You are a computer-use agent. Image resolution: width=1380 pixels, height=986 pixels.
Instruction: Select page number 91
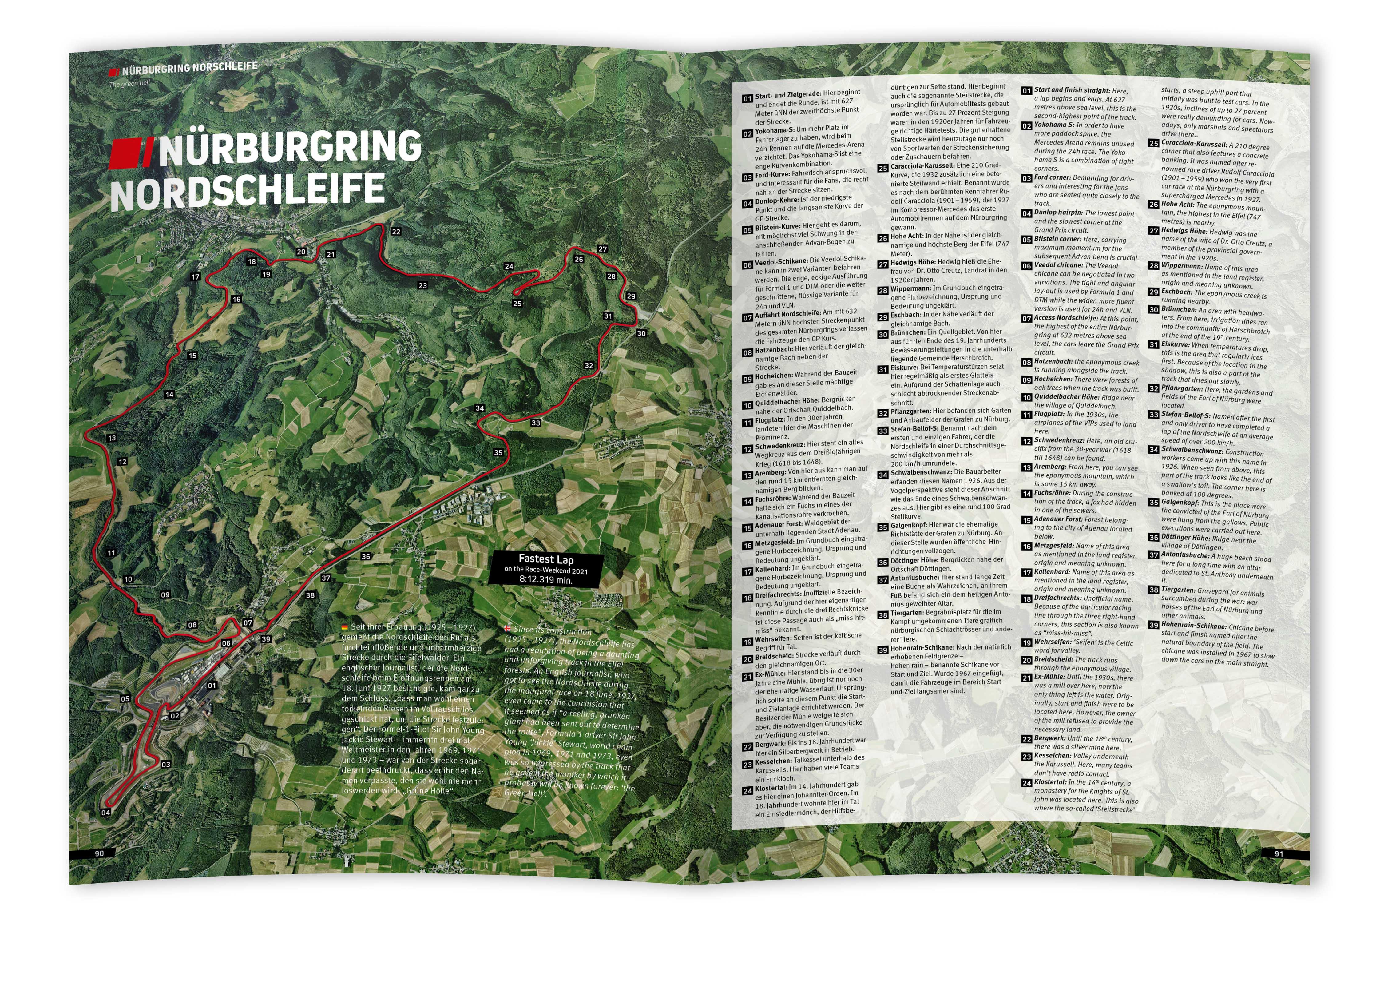point(1279,853)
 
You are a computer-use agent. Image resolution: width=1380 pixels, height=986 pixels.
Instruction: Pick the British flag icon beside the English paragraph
point(508,629)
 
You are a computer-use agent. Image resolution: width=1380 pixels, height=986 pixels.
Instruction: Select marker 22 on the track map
point(396,231)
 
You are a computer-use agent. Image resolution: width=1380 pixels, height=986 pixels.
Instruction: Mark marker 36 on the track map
point(365,556)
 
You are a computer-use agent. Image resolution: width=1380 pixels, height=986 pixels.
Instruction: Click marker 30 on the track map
point(641,333)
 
